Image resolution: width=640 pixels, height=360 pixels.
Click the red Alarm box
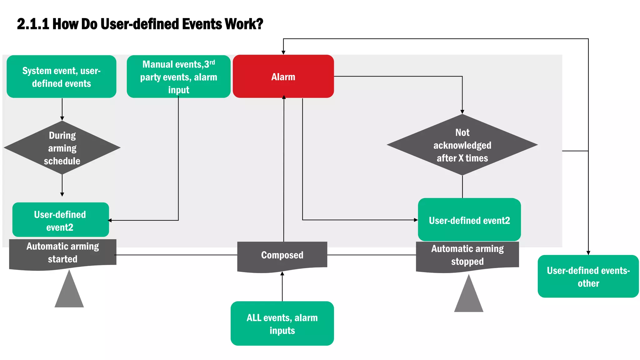coord(283,76)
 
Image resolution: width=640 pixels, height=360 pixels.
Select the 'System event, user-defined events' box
coord(61,77)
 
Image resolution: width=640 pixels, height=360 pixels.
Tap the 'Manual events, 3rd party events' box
coord(178,77)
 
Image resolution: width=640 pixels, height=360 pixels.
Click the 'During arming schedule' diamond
coord(62,147)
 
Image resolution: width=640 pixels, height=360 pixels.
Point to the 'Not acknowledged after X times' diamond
coord(462,145)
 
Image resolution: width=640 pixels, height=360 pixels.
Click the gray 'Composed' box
coord(282,255)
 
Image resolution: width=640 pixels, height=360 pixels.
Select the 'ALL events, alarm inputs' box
coord(282,323)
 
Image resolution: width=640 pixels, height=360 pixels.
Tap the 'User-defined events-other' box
coord(588,276)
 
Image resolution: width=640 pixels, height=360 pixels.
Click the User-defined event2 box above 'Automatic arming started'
coord(60,220)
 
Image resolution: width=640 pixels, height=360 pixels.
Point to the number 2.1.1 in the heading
coord(33,24)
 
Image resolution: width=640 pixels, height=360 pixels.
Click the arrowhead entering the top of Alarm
coord(283,52)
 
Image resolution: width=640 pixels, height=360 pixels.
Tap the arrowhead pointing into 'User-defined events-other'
coord(588,252)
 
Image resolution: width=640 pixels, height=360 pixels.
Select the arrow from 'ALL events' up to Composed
coord(282,287)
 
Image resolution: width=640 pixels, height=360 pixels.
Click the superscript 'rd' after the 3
coord(212,62)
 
